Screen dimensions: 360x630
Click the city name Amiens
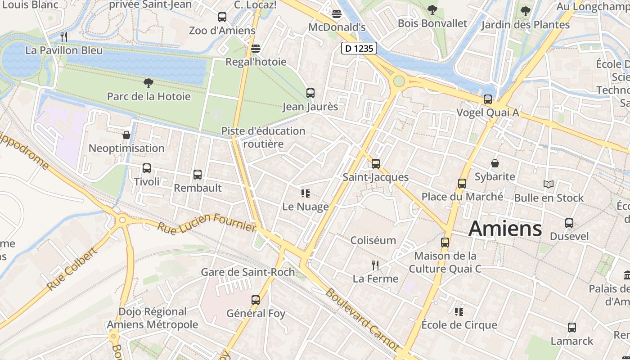coord(505,229)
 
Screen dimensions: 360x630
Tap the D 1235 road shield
coord(359,48)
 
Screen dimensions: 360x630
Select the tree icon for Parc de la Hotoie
coord(148,83)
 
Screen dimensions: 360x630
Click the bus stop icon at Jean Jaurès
coord(310,93)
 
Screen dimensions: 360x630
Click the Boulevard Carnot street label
coord(362,319)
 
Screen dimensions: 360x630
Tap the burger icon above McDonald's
coord(336,13)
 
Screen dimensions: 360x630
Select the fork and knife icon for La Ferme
coord(375,265)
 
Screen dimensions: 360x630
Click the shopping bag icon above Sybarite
coord(495,163)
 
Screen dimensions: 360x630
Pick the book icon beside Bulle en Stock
coord(548,184)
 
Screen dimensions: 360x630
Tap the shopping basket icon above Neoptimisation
coord(126,135)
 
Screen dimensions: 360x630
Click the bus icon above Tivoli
coord(146,168)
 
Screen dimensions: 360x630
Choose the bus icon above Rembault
coord(197,175)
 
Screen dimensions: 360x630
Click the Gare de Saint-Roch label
coord(247,272)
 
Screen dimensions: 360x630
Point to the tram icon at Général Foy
coord(255,300)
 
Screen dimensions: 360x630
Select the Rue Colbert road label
coord(72,269)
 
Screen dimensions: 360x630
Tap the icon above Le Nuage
coord(305,194)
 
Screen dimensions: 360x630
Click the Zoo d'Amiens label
coord(222,31)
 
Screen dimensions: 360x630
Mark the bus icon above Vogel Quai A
coord(487,99)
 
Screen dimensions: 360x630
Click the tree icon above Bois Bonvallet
coord(432,10)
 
